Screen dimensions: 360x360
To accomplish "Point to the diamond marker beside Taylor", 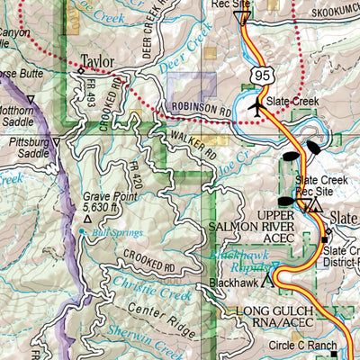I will pyautogui.click(x=80, y=69).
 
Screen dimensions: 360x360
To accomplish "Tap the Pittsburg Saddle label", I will pyautogui.click(x=27, y=142).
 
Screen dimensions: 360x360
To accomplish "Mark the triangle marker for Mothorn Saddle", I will pyautogui.click(x=31, y=100).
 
